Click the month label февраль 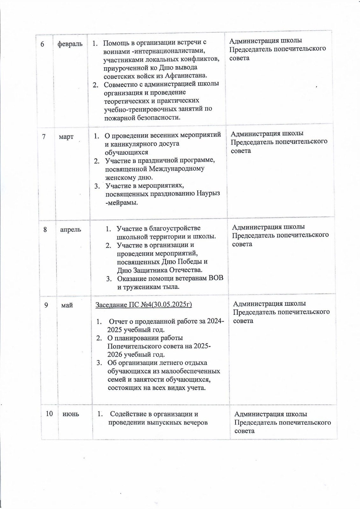pyautogui.click(x=70, y=44)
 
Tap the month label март pyautogui.click(x=66, y=137)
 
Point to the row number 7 pyautogui.click(x=44, y=136)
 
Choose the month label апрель pyautogui.click(x=71, y=229)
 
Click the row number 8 pyautogui.click(x=45, y=229)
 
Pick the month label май pyautogui.click(x=67, y=305)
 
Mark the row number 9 pyautogui.click(x=46, y=305)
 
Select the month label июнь pyautogui.click(x=71, y=414)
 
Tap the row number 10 pyautogui.click(x=49, y=414)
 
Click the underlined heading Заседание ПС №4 pyautogui.click(x=144, y=305)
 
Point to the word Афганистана pyautogui.click(x=186, y=76)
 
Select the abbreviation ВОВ pyautogui.click(x=216, y=278)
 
